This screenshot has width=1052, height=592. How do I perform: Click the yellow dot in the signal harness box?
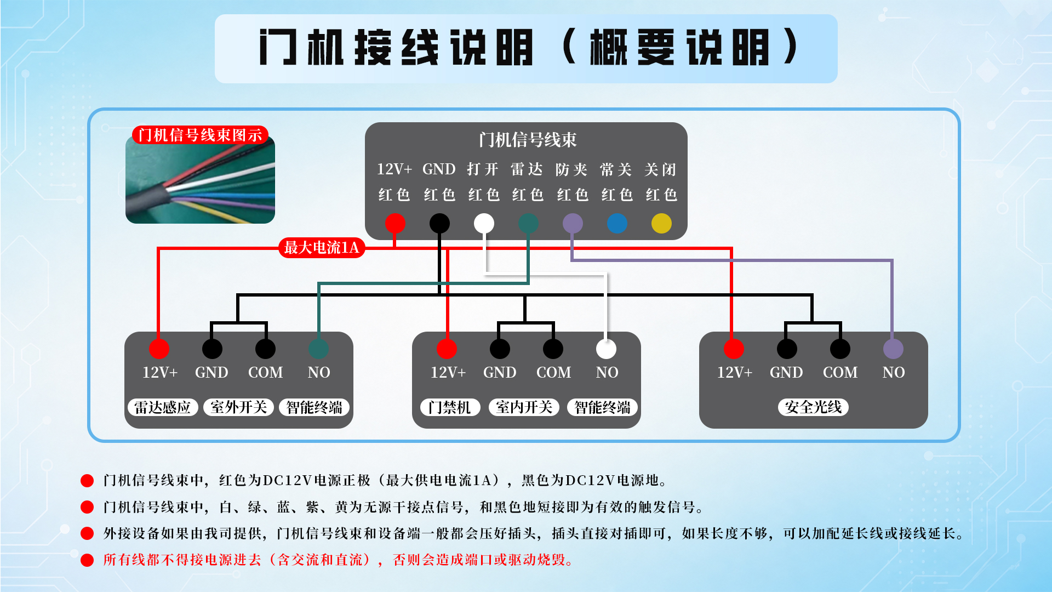click(661, 223)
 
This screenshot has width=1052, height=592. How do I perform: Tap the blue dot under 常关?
click(617, 223)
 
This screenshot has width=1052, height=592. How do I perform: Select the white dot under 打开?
click(484, 223)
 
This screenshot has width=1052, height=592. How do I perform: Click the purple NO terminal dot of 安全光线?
click(893, 349)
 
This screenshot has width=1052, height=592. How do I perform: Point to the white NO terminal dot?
click(606, 349)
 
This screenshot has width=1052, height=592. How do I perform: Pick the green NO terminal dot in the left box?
click(318, 349)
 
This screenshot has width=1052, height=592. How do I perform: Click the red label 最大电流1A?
click(322, 248)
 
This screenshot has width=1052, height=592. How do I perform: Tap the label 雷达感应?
click(163, 407)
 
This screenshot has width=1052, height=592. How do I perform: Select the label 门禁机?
click(450, 407)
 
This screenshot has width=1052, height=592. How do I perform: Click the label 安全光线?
click(813, 407)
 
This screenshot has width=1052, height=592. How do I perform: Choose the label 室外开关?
click(238, 407)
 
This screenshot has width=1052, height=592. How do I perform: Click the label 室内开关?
click(524, 407)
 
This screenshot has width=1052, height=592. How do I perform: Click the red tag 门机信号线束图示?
click(200, 135)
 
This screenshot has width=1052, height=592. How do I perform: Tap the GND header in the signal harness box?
click(439, 169)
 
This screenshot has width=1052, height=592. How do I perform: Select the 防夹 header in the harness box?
click(571, 169)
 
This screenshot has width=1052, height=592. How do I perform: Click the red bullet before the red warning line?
click(87, 560)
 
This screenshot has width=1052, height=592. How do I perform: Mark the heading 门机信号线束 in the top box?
click(528, 140)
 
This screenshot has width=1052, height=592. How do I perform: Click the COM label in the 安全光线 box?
click(840, 373)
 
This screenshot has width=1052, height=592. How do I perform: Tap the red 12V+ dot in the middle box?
click(447, 349)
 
